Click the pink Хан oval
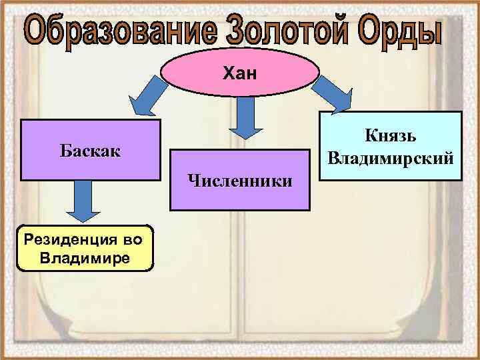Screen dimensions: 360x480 (x=240, y=73)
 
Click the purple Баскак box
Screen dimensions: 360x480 (x=90, y=150)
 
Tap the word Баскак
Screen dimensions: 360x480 (x=90, y=150)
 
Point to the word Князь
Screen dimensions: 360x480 (x=391, y=136)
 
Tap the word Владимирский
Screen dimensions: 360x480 (x=391, y=159)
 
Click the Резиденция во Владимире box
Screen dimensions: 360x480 (x=85, y=247)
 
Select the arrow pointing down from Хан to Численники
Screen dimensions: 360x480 (x=245, y=117)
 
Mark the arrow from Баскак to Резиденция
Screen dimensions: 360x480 (x=83, y=201)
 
